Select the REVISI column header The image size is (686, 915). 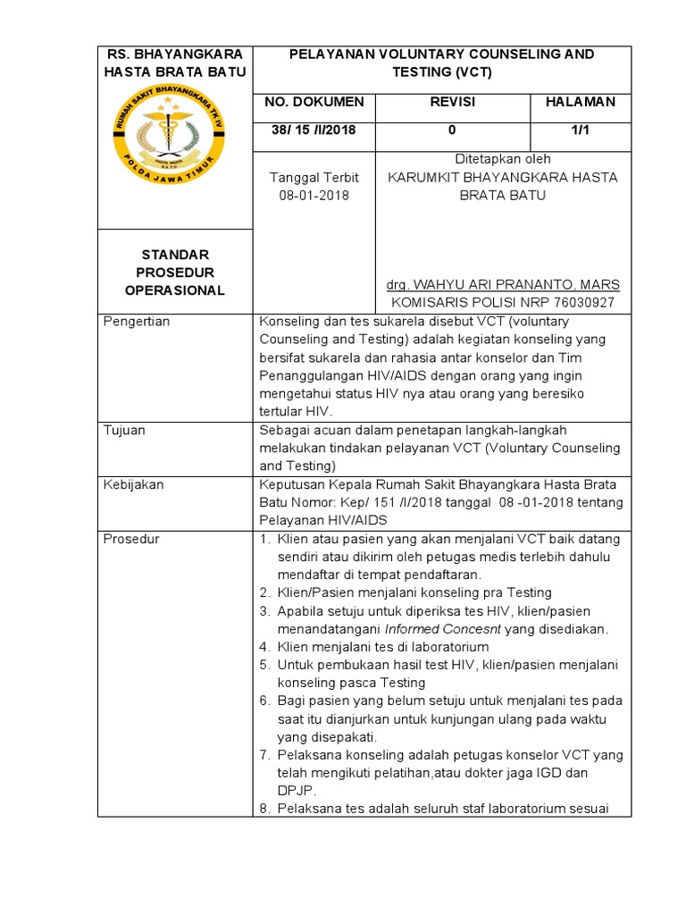[452, 102]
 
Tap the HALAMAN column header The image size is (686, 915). [581, 102]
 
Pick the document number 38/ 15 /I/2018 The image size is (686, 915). [314, 130]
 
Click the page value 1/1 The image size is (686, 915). [581, 130]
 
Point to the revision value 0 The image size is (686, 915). [452, 130]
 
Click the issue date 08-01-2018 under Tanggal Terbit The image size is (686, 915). [314, 195]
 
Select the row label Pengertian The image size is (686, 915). [137, 321]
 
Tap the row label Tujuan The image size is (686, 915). [125, 430]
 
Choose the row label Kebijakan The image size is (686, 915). [134, 484]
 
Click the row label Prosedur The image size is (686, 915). [132, 539]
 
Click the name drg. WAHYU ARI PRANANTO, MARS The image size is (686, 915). [503, 285]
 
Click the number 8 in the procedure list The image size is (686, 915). [264, 809]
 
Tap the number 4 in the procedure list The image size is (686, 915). [264, 647]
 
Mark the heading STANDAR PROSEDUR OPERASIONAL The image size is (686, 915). [175, 273]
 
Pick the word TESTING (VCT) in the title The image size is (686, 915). [442, 71]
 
